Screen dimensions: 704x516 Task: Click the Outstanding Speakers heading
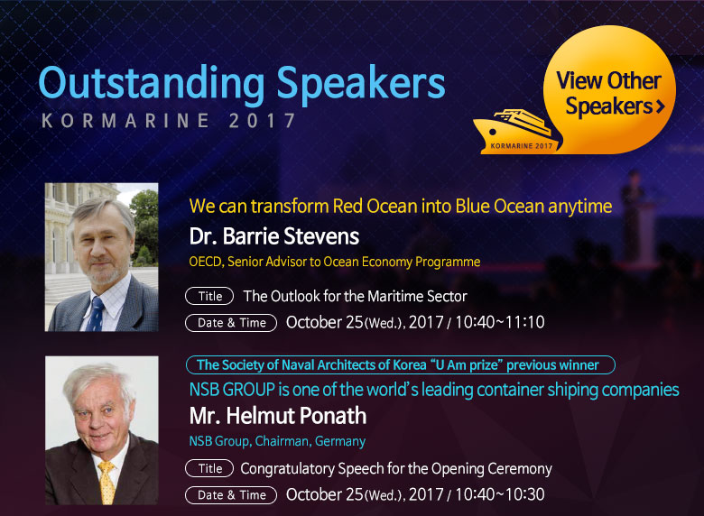[242, 84]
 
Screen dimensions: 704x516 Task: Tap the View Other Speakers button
[609, 89]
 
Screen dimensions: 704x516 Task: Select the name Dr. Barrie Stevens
[273, 236]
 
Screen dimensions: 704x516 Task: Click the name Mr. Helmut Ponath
[277, 416]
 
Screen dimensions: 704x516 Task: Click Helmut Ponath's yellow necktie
[107, 483]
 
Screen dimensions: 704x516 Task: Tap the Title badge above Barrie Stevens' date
[209, 296]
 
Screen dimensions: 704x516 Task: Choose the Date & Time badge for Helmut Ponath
[231, 495]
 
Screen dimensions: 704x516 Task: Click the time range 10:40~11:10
[500, 322]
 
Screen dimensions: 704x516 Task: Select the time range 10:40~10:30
[500, 494]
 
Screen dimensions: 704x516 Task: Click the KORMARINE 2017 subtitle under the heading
[169, 121]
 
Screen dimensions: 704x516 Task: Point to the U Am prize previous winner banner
[400, 364]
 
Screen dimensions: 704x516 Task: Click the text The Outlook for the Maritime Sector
[355, 296]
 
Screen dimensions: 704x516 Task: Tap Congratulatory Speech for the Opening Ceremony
[396, 469]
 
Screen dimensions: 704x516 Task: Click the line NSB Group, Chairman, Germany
[277, 441]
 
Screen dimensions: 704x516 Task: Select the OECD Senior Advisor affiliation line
[335, 262]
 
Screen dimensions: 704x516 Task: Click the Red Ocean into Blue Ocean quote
[401, 207]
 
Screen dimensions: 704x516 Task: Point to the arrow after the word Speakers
[660, 106]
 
